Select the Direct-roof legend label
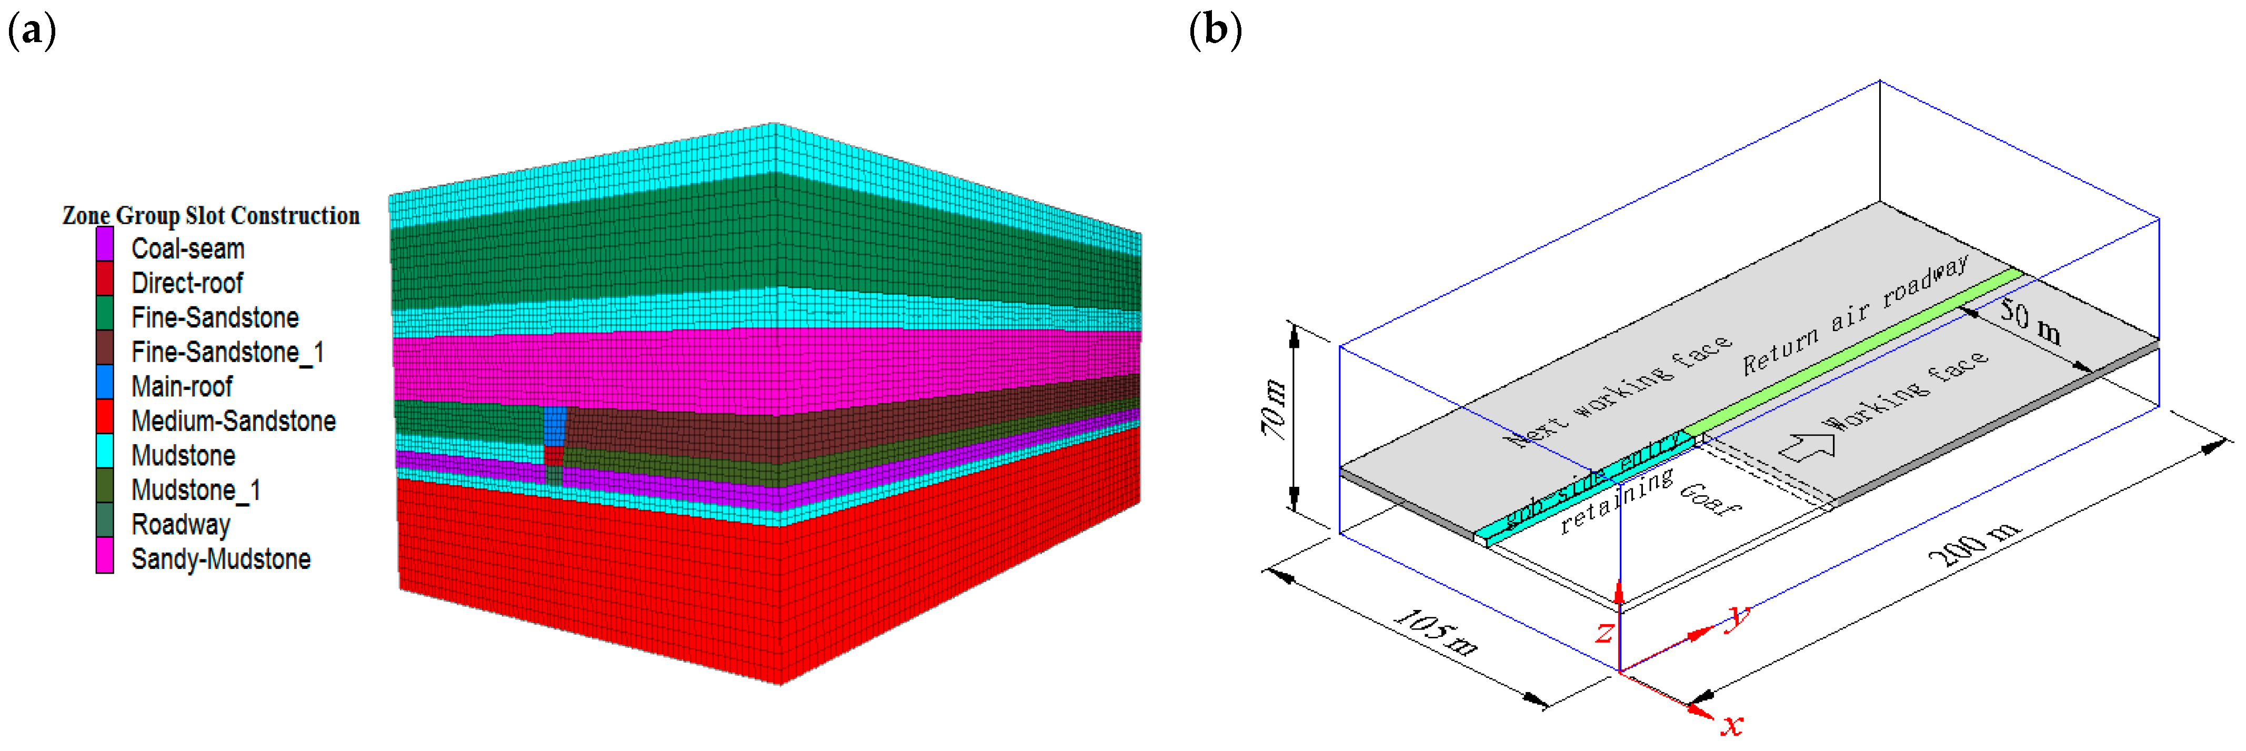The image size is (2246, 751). point(187,284)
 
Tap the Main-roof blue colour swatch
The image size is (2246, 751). point(105,386)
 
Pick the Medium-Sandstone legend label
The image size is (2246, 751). point(233,422)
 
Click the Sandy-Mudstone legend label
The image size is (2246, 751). point(220,559)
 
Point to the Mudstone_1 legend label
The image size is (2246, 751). point(195,490)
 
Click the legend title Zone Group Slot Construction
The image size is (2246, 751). point(211,215)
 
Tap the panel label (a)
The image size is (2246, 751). point(32,32)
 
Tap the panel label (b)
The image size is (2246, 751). point(1216,32)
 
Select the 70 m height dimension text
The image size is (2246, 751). point(1274,410)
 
